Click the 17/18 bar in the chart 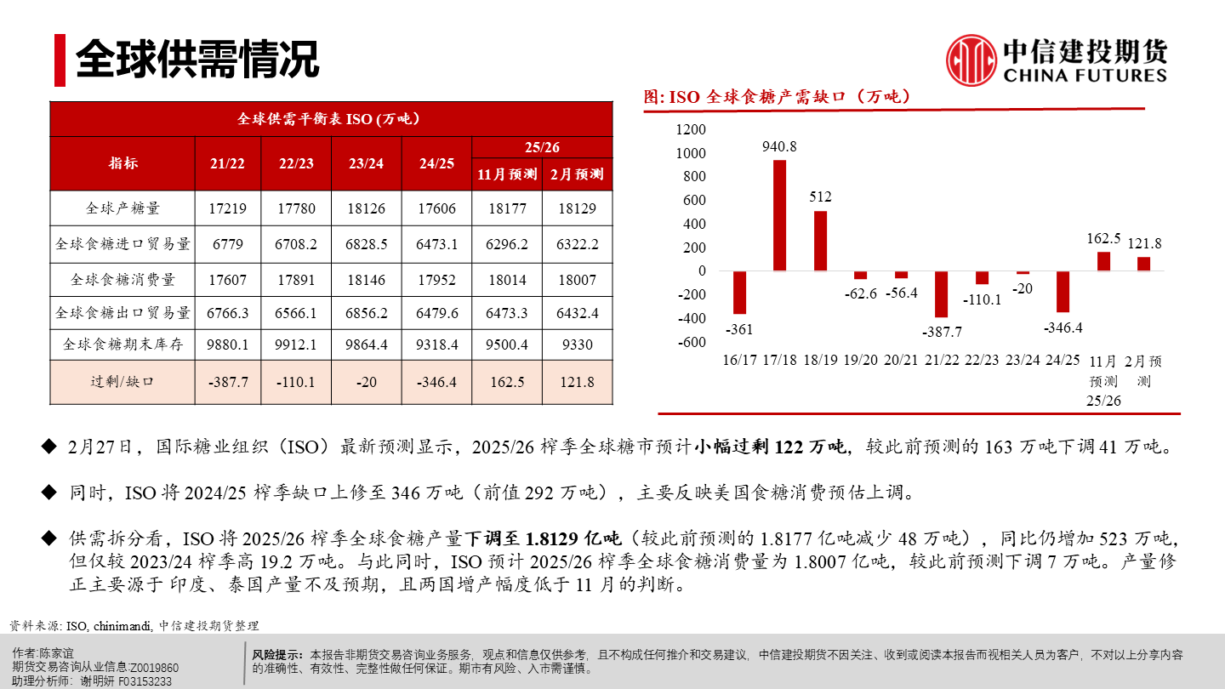point(779,215)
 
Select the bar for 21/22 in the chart point(941,293)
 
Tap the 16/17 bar point(739,293)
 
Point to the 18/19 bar point(820,241)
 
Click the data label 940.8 point(779,146)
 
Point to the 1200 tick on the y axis point(690,129)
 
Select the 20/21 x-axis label point(901,361)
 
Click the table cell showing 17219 point(227,208)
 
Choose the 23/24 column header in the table point(366,163)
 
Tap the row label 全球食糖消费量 point(122,279)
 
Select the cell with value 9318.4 point(436,344)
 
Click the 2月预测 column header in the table point(577,175)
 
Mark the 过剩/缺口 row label point(122,382)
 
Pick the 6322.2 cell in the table point(577,244)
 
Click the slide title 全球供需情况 point(197,59)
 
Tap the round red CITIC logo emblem point(971,60)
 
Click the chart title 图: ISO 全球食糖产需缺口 point(778,97)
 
